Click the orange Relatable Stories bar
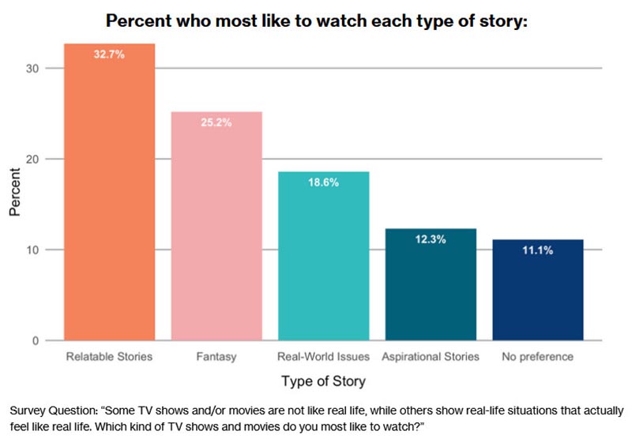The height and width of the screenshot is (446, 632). [x=109, y=197]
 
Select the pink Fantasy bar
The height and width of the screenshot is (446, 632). [x=216, y=229]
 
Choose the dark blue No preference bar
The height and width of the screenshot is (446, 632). [x=537, y=292]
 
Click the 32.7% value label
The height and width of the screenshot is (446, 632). [x=109, y=55]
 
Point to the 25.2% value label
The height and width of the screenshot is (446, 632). [x=216, y=123]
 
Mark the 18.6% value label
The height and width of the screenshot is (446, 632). [x=323, y=183]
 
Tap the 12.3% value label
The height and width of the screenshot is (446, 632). [x=431, y=240]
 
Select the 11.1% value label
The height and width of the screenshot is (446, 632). [x=537, y=251]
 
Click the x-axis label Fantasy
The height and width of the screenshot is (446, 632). [x=216, y=357]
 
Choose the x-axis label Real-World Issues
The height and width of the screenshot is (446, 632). [x=323, y=357]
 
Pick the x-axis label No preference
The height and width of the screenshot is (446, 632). [x=537, y=357]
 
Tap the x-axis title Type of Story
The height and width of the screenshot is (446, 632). [x=323, y=382]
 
